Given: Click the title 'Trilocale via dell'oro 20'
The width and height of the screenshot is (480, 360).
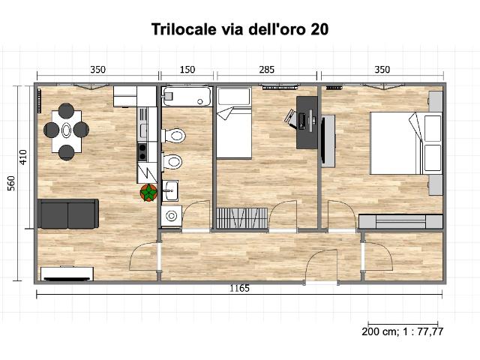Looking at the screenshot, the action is tap(240, 29).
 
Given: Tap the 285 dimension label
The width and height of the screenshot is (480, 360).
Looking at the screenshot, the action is tap(267, 70).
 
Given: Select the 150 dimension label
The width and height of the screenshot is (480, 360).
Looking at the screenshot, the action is tap(187, 70).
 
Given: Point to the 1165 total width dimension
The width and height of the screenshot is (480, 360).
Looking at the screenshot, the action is tap(240, 288).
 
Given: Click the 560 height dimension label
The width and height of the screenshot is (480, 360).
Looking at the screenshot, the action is tap(11, 183).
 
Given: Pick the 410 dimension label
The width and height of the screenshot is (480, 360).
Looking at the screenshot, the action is tap(23, 157).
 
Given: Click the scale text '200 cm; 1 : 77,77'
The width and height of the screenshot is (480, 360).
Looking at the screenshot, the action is tap(402, 331).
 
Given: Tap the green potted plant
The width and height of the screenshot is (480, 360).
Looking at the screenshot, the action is tap(148, 193).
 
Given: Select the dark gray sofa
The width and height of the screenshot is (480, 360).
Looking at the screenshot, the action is tap(68, 214).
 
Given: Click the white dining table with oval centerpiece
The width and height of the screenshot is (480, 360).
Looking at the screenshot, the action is tap(67, 131).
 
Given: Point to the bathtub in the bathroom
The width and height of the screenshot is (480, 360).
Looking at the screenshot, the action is tap(187, 97).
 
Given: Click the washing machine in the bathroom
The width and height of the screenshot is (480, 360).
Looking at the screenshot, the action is tap(172, 216).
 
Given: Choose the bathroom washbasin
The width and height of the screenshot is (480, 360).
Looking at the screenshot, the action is tap(170, 190).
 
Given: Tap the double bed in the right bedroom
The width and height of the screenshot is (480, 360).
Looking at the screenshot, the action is tap(406, 143).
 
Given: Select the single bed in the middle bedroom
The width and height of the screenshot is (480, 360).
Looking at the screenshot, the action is tap(234, 123).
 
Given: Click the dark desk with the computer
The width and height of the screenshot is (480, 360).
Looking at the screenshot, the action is tap(307, 122).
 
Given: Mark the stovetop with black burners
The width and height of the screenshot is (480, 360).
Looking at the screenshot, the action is tap(142, 152).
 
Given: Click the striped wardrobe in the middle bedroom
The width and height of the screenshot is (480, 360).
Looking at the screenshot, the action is tap(241, 218).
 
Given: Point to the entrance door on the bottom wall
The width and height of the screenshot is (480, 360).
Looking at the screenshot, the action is tap(322, 266).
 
